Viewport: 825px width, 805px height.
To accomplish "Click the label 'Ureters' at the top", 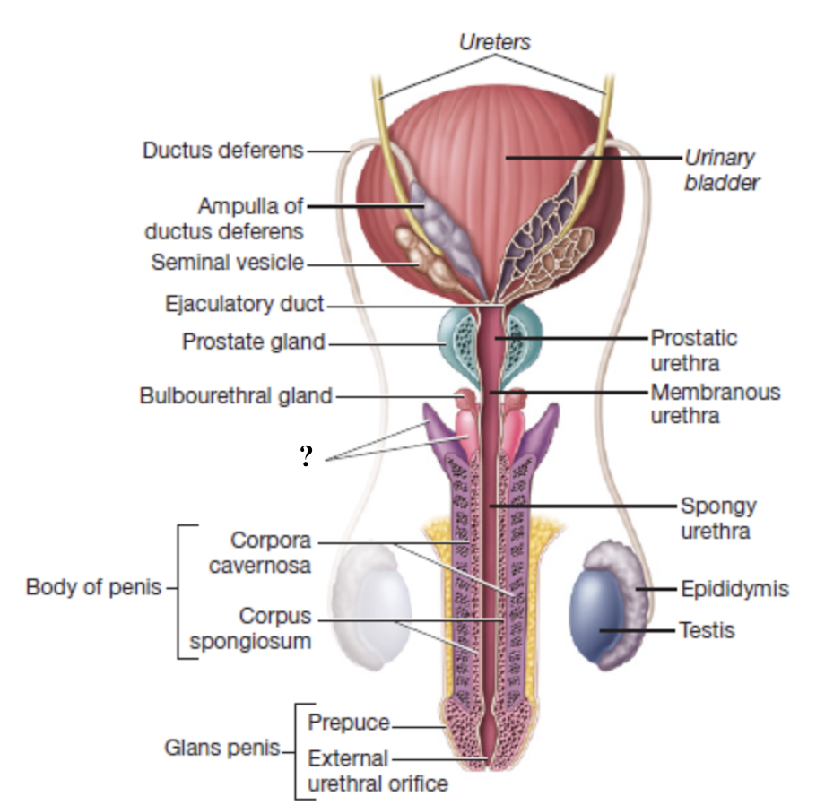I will [x=495, y=41].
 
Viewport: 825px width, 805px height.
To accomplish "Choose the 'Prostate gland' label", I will [x=253, y=342].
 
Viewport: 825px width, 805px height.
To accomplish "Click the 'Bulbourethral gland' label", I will [x=236, y=395].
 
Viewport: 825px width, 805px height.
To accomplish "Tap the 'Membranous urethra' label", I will [x=715, y=403].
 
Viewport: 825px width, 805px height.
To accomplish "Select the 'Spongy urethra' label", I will [x=717, y=518].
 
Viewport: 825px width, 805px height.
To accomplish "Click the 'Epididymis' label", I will [x=734, y=589].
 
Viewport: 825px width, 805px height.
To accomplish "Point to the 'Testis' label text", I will [x=707, y=630].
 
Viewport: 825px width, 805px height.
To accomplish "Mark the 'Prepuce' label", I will [x=349, y=723].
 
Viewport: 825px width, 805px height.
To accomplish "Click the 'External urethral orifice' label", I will [x=377, y=770].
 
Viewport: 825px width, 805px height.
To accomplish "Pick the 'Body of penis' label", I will [x=94, y=588].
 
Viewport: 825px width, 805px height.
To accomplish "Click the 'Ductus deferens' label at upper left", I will [x=223, y=151].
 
